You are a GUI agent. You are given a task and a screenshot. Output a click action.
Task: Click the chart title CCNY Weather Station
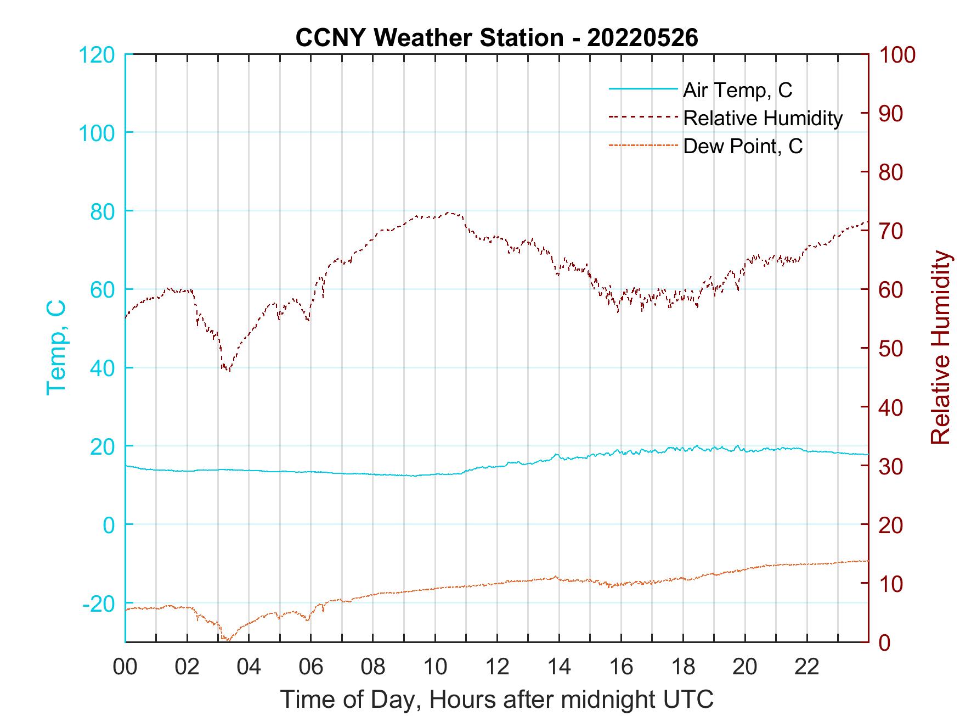tap(496, 37)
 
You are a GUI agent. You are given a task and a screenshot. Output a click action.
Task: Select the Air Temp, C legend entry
tap(737, 90)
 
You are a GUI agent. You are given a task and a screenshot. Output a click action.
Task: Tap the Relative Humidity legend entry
tap(763, 118)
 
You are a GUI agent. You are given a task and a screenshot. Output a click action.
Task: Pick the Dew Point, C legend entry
tap(742, 147)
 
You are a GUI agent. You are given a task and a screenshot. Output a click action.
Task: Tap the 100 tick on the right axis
tap(897, 55)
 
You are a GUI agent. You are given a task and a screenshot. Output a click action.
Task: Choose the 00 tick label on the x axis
tap(125, 667)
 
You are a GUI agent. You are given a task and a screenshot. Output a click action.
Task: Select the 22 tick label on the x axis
tap(807, 667)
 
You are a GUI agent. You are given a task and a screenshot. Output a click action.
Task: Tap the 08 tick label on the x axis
tap(373, 667)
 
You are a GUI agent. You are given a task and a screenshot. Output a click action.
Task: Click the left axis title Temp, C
tap(56, 348)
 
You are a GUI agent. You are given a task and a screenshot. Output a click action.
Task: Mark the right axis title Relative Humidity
tap(940, 348)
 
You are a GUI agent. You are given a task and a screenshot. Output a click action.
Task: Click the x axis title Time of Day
tap(496, 700)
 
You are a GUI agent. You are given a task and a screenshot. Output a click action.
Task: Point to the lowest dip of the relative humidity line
tap(228, 371)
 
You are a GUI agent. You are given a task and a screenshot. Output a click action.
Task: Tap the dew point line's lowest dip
tap(227, 640)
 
